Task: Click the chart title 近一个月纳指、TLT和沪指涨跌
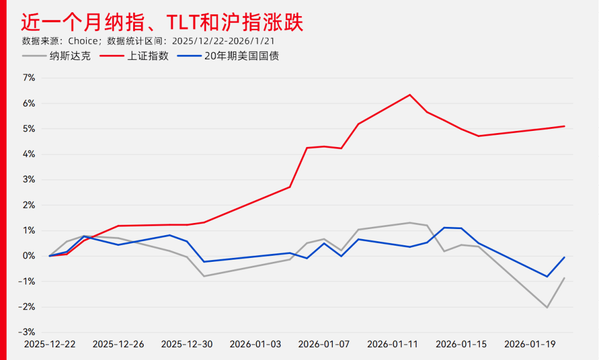(162, 23)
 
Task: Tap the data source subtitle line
(149, 41)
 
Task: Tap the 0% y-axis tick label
(29, 256)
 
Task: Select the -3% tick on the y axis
(27, 332)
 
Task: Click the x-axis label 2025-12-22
(50, 344)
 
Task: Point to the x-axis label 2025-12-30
(187, 344)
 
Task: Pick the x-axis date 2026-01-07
(324, 344)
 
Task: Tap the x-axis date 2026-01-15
(461, 344)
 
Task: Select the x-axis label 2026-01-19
(530, 344)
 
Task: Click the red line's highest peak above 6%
(410, 95)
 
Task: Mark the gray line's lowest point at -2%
(547, 307)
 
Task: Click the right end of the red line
(565, 126)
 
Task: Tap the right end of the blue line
(565, 257)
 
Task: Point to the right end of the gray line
(565, 277)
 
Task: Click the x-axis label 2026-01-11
(393, 344)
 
